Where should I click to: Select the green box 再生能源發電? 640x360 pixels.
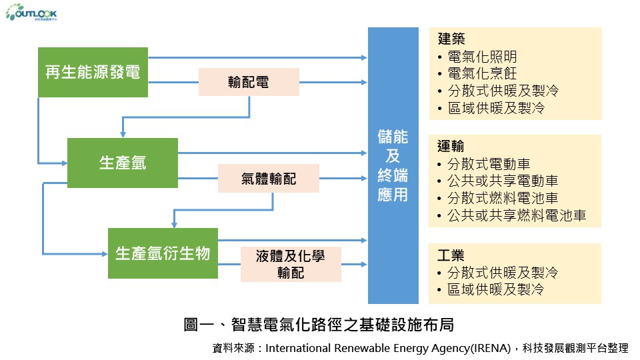(93, 73)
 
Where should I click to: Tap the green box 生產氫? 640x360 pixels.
(123, 163)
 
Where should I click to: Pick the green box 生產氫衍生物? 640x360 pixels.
(163, 253)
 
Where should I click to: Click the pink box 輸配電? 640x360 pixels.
(249, 83)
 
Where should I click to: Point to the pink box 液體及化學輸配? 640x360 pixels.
(290, 264)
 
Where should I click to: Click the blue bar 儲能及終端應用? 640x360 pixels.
(393, 165)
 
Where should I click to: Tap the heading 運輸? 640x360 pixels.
(451, 146)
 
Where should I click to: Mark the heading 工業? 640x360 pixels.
(451, 255)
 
